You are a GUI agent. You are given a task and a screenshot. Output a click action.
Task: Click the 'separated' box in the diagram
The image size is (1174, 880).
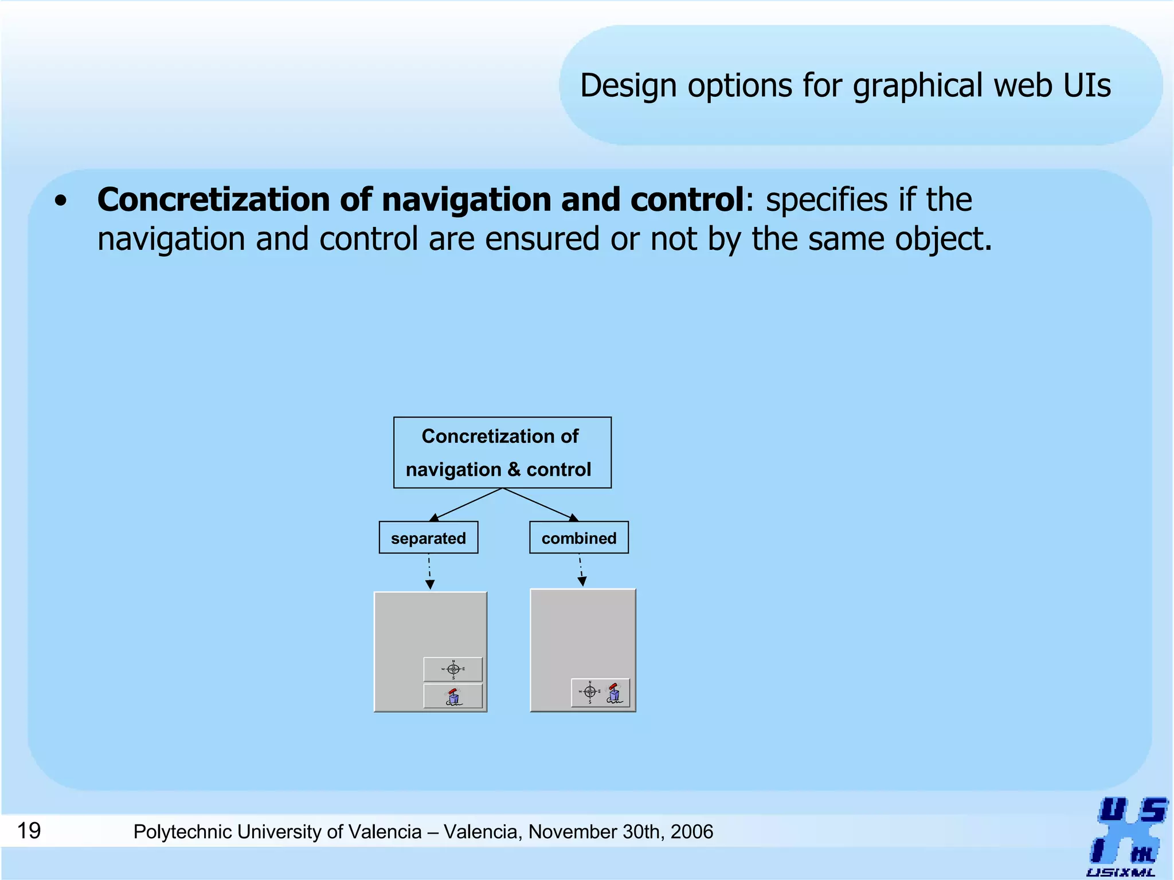[428, 537]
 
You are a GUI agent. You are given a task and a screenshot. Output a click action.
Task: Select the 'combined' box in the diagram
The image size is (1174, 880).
[578, 537]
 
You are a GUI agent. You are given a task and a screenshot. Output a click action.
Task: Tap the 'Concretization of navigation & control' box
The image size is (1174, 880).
[502, 453]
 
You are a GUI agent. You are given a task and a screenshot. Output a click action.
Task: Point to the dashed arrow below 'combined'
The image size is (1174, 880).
[581, 569]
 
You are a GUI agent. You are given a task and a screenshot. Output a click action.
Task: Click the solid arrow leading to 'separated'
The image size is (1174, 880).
[465, 505]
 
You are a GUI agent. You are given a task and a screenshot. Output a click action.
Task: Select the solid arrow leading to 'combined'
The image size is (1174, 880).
[540, 505]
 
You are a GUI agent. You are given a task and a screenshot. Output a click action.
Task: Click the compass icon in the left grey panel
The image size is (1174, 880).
[453, 669]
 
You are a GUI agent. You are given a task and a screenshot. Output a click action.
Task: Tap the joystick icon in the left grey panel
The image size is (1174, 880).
[453, 697]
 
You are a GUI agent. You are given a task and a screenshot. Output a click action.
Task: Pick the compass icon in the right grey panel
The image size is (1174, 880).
[589, 692]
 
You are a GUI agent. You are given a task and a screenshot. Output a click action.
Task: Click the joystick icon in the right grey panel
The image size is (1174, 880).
[614, 693]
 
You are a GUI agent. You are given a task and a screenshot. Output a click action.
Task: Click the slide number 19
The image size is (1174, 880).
[29, 831]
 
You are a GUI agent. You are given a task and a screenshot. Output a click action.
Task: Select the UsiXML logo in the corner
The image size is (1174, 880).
[1126, 836]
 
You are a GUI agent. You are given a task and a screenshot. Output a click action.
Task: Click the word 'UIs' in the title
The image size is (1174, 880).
[1087, 86]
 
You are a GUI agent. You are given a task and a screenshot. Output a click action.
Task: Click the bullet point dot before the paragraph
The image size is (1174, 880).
[61, 202]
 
